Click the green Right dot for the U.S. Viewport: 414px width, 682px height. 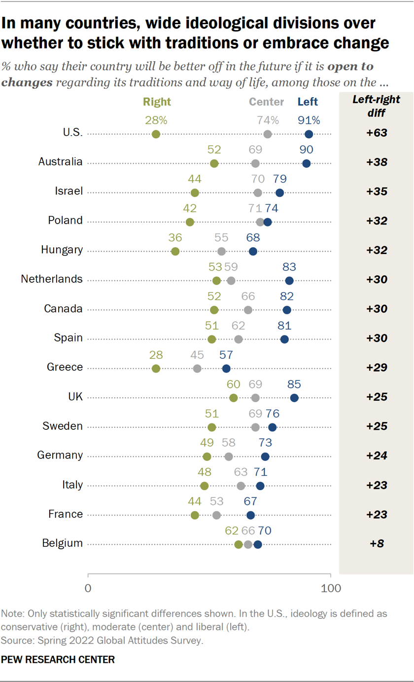pos(156,134)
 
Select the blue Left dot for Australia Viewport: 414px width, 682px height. pos(306,163)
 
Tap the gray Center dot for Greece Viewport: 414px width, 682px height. pos(197,369)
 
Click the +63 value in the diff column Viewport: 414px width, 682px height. pos(377,133)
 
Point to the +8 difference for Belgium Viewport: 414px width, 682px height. pos(377,543)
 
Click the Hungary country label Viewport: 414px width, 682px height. pos(62,250)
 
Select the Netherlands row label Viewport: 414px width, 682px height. pos(52,279)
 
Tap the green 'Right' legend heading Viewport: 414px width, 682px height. pos(157,102)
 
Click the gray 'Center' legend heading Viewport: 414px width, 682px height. pos(266,102)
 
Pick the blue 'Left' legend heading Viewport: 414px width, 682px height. pos(308,102)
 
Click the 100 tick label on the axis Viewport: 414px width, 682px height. pos(330,588)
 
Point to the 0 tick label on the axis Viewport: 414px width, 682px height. pos(88,588)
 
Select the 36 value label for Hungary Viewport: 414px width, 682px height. pos(175,238)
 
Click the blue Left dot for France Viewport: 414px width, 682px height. pos(250,515)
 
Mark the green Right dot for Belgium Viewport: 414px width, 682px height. pos(239,544)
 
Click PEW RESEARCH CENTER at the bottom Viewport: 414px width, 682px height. pos(58,660)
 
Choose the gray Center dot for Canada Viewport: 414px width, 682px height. pos(248,310)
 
